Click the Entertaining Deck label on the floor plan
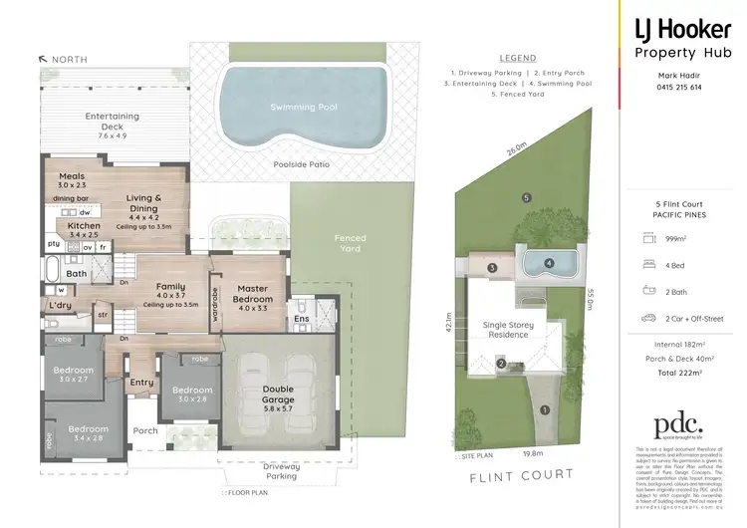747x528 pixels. (x=112, y=122)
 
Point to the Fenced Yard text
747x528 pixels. (x=351, y=244)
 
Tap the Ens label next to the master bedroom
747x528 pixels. (x=300, y=322)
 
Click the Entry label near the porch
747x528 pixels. (x=141, y=382)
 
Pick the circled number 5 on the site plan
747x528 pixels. (x=525, y=197)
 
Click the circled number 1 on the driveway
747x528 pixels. (x=544, y=409)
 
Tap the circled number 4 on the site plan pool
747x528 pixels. (x=549, y=264)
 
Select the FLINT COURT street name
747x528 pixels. (x=522, y=475)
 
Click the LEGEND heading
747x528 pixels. (x=518, y=58)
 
